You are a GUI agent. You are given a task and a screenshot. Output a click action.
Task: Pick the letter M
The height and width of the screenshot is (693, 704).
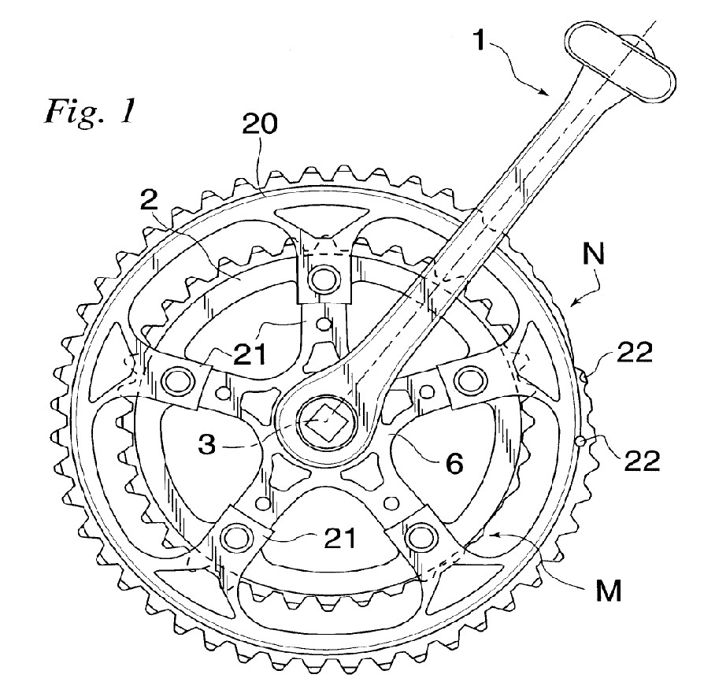(597, 587)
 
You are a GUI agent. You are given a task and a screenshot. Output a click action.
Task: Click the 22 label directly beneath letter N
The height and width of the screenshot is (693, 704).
(635, 353)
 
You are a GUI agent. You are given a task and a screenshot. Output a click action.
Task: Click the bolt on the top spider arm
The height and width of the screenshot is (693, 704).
(321, 278)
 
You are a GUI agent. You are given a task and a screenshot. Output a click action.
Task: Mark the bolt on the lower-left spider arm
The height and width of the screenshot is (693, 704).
(233, 538)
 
